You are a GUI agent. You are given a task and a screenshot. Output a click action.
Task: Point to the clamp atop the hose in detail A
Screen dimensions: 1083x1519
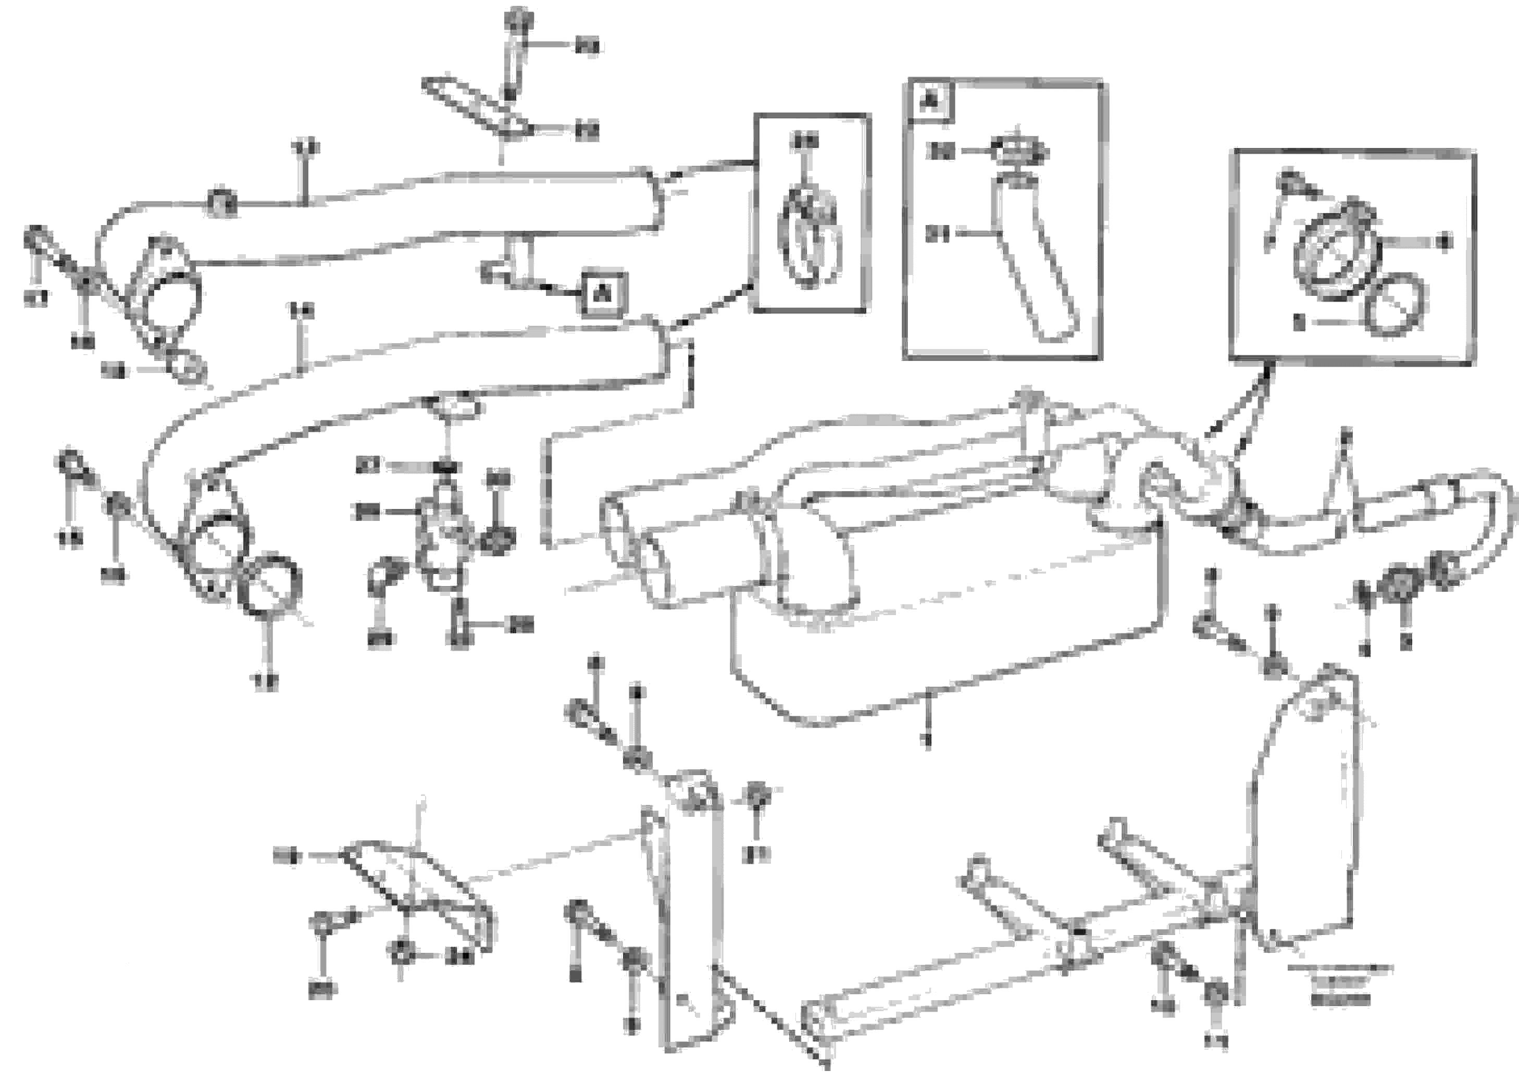click(x=1019, y=153)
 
